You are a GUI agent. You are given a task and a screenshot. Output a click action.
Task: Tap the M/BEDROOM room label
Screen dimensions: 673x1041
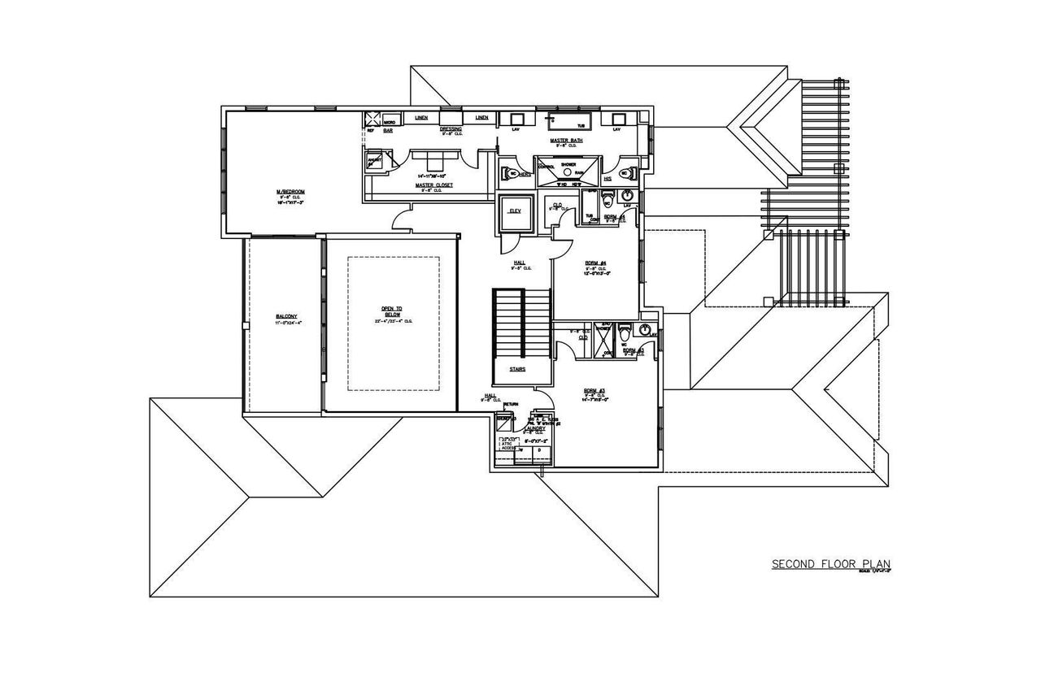pos(290,192)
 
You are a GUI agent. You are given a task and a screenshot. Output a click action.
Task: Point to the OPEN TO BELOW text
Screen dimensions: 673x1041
pos(392,310)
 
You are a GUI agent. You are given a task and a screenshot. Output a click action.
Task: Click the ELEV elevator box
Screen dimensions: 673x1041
pos(515,212)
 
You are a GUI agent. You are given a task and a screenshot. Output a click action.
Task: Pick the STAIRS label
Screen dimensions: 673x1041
pos(517,368)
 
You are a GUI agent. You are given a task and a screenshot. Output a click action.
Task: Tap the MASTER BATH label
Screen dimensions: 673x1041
pos(565,141)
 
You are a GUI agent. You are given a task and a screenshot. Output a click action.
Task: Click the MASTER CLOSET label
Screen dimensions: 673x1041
pos(433,185)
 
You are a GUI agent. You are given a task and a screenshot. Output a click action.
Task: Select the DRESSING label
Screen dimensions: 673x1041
pos(451,128)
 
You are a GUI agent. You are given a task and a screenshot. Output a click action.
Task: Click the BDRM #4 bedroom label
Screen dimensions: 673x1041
pos(597,263)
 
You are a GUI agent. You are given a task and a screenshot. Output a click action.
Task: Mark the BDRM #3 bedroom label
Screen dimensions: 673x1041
pos(595,391)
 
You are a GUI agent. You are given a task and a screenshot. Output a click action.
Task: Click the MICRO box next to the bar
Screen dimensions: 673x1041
pos(390,120)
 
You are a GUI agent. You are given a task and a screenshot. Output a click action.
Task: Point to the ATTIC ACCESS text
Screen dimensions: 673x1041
pos(508,444)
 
